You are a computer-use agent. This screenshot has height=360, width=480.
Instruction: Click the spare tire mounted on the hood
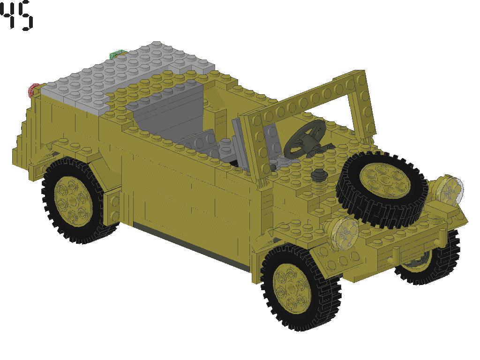tap(356, 206)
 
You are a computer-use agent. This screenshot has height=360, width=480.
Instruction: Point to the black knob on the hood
tap(319, 175)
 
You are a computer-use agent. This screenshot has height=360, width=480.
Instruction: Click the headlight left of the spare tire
tap(344, 231)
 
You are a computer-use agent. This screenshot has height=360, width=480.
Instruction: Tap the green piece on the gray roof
tap(117, 55)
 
